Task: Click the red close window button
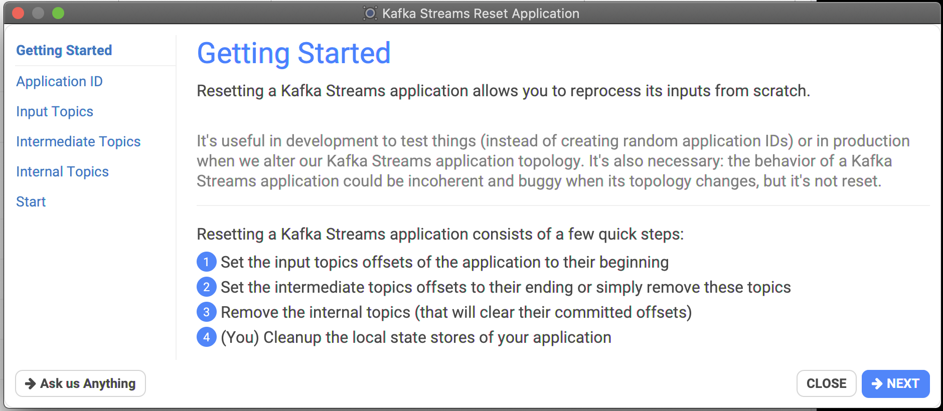click(18, 13)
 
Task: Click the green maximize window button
click(58, 13)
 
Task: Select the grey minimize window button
click(38, 13)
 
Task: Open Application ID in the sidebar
click(59, 81)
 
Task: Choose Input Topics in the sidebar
click(55, 111)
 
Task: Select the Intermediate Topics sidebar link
click(78, 141)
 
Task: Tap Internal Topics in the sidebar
click(62, 171)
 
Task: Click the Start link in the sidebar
click(31, 201)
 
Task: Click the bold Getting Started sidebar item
click(64, 50)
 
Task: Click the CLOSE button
click(826, 383)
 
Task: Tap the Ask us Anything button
click(80, 383)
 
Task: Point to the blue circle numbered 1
click(206, 262)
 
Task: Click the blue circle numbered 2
click(206, 287)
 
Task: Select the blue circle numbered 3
click(206, 312)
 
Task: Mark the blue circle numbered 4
click(206, 337)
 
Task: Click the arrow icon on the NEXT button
click(877, 383)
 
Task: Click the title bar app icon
click(370, 13)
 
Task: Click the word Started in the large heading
click(344, 53)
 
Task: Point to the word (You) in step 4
click(240, 337)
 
